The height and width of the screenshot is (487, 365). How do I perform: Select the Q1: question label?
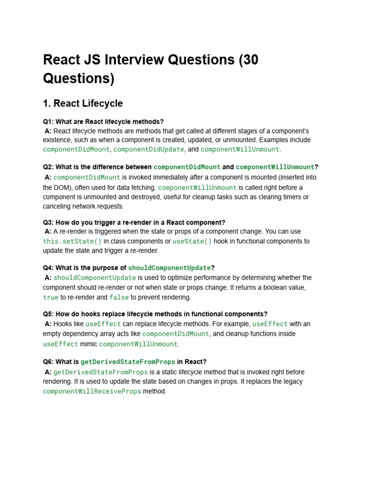[x=48, y=122]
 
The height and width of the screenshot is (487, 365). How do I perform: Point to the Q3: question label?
[x=48, y=223]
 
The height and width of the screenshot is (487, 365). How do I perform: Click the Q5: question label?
[x=48, y=314]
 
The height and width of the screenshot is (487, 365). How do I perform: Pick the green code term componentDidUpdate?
[x=149, y=149]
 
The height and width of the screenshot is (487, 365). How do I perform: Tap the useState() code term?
[x=192, y=241]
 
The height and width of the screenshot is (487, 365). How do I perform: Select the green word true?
[x=51, y=297]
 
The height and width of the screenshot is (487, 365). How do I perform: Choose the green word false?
[x=119, y=297]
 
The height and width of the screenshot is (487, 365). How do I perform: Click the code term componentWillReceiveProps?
[x=92, y=391]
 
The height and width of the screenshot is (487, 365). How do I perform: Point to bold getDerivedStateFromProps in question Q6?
[x=128, y=361]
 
